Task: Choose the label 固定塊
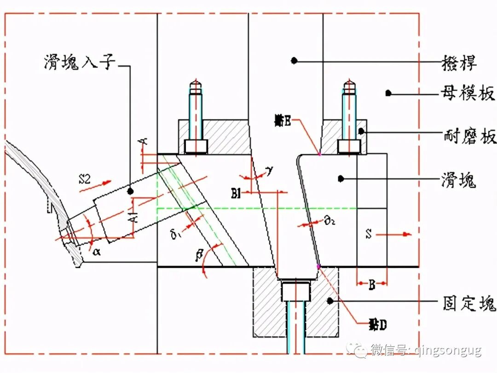click(467, 303)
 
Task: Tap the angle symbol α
click(97, 252)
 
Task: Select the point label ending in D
click(377, 325)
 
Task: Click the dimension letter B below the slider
click(372, 285)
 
